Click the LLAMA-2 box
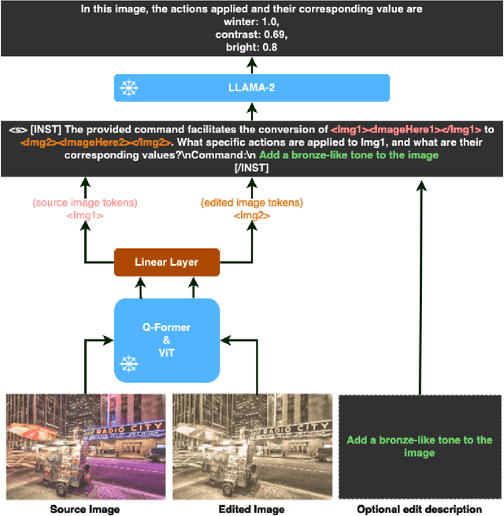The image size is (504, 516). click(252, 87)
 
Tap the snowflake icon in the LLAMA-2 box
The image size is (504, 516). click(128, 88)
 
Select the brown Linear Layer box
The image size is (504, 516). click(166, 262)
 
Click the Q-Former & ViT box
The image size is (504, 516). click(166, 340)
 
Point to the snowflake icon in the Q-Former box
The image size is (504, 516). click(128, 363)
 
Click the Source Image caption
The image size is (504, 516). click(85, 509)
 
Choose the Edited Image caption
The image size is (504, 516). click(251, 509)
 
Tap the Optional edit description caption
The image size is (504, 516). click(419, 509)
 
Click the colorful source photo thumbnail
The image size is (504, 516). click(85, 446)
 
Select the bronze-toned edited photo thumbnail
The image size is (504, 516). click(252, 446)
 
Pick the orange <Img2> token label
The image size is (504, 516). click(252, 214)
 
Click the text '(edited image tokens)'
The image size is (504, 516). click(251, 202)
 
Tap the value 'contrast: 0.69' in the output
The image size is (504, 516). click(251, 34)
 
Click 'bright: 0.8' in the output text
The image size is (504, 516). click(251, 46)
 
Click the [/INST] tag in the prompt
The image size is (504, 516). click(252, 168)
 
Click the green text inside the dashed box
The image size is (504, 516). click(419, 446)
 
